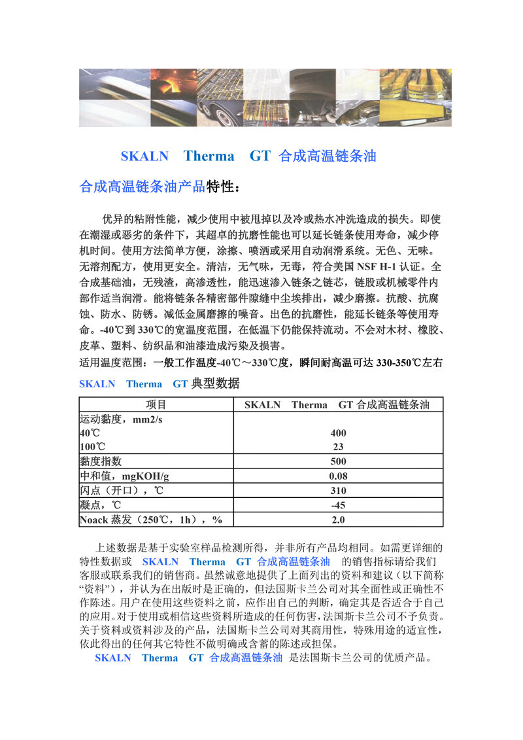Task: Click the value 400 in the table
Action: pyautogui.click(x=338, y=433)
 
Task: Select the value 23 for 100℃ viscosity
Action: pyautogui.click(x=338, y=447)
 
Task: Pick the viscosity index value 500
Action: pyautogui.click(x=338, y=461)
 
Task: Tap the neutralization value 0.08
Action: pyautogui.click(x=338, y=476)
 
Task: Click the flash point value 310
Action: pyautogui.click(x=338, y=491)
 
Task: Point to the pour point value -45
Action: pyautogui.click(x=338, y=505)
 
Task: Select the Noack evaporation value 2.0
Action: pyautogui.click(x=338, y=520)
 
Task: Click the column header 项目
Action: pyautogui.click(x=156, y=404)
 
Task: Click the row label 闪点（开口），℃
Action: pyautogui.click(x=122, y=491)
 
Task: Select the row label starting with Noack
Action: pyautogui.click(x=151, y=520)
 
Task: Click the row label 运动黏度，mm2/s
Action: pyautogui.click(x=121, y=419)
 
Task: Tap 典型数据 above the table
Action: pyautogui.click(x=215, y=383)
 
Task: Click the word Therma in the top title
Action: pyautogui.click(x=209, y=156)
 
